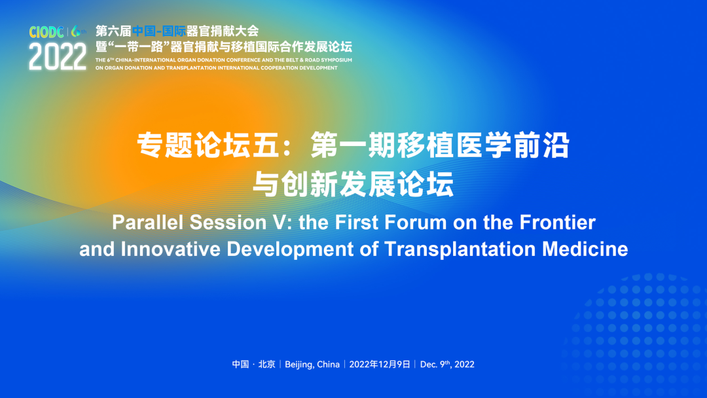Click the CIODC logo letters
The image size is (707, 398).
(46, 32)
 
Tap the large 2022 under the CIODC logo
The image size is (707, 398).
(58, 57)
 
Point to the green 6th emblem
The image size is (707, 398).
(78, 31)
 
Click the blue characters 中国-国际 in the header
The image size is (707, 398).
(158, 31)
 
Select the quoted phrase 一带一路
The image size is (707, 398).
(139, 47)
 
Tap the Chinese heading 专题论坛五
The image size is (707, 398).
(208, 145)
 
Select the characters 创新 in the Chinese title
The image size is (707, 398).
(310, 184)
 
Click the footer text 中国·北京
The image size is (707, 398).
(253, 364)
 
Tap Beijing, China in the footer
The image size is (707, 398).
(312, 365)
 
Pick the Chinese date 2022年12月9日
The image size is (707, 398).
(380, 364)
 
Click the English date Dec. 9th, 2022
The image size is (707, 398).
(447, 364)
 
